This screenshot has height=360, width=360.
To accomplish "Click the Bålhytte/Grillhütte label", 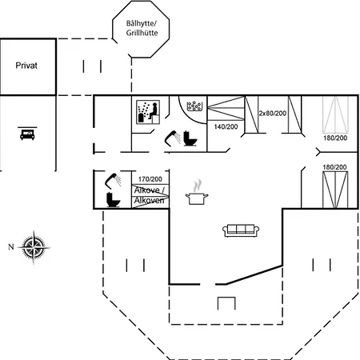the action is click(x=142, y=28).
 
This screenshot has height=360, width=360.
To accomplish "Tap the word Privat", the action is click(x=26, y=66).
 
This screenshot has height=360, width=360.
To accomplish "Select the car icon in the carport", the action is click(x=27, y=134).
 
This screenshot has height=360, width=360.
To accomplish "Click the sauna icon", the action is click(x=148, y=112).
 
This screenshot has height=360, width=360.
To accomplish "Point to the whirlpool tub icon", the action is click(x=194, y=106).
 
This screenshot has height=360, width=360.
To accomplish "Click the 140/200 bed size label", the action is click(x=226, y=126).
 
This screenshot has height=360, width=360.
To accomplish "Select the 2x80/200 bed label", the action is click(x=273, y=114).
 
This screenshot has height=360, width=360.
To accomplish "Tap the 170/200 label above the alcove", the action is click(x=150, y=179).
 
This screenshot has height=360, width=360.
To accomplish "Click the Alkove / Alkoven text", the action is click(x=150, y=195).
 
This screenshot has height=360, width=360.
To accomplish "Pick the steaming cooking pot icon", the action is click(x=197, y=193).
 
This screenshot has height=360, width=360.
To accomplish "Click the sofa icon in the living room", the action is click(x=241, y=230).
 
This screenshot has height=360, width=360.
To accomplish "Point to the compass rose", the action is click(x=34, y=247).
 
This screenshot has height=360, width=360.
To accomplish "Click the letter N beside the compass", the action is click(x=11, y=247).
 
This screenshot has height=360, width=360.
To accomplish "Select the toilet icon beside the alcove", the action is click(x=113, y=200).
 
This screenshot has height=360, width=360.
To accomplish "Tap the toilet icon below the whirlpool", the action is click(x=190, y=138).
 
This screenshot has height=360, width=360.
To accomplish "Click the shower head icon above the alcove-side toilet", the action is click(x=113, y=180).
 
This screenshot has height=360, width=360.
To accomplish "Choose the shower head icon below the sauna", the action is click(x=173, y=138).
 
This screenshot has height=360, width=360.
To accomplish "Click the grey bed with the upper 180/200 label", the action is click(x=335, y=114).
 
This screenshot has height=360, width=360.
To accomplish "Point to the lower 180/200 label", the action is click(x=334, y=167).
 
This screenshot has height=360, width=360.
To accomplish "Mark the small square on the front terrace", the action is click(x=226, y=303).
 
